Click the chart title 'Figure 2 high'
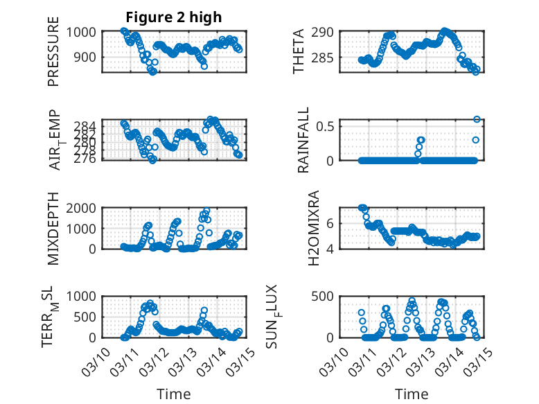click(x=174, y=17)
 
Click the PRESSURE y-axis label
click(x=53, y=56)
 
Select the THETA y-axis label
click(x=299, y=52)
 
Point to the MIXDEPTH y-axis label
click(x=53, y=229)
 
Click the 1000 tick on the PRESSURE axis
click(x=85, y=32)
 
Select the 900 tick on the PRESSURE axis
click(x=89, y=58)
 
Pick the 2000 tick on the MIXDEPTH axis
click(x=85, y=209)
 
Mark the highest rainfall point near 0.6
click(x=477, y=119)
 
